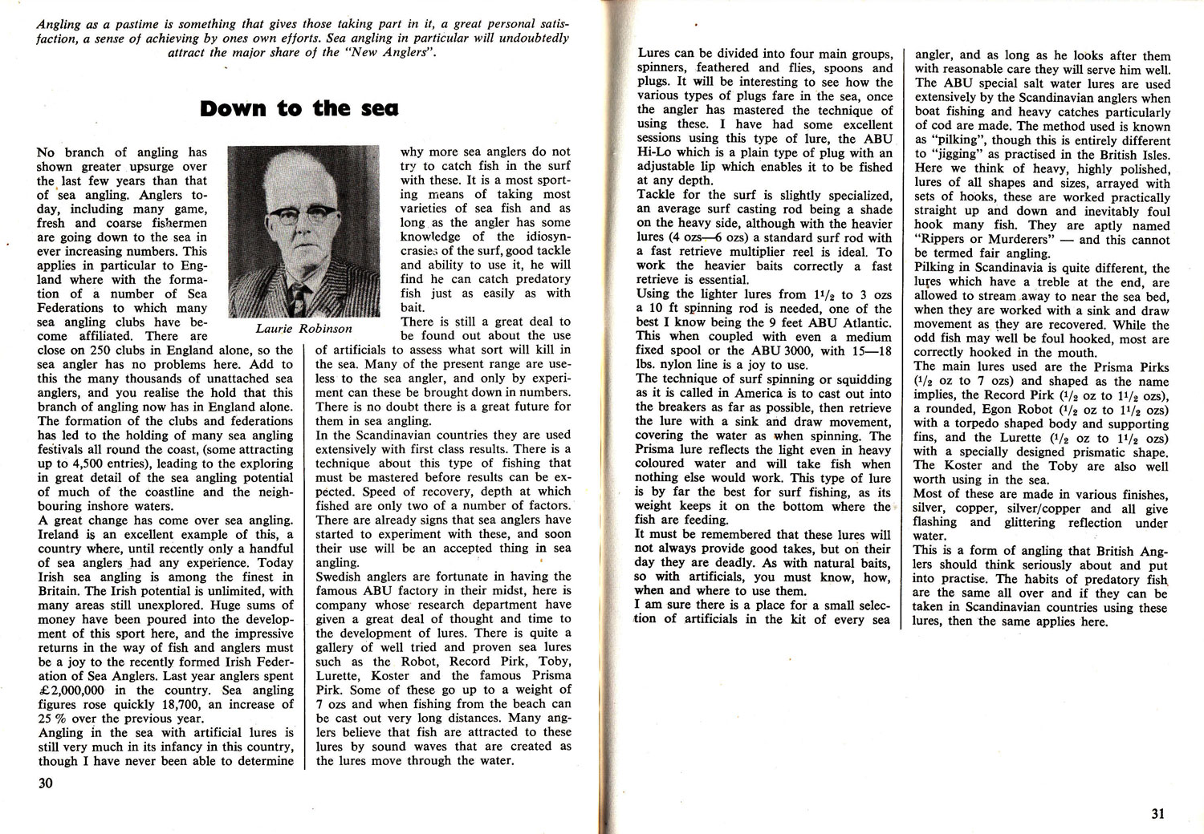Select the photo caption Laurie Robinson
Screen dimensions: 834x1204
[x=304, y=328]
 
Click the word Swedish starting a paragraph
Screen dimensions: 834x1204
[x=341, y=576]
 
